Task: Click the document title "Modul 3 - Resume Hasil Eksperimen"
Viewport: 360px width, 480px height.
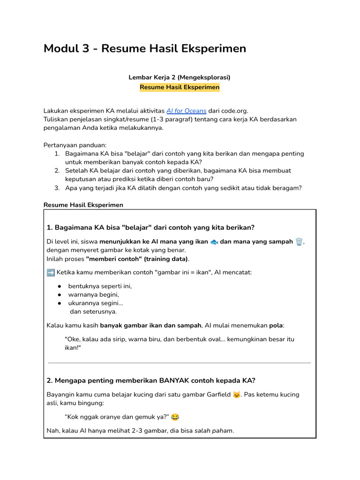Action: [144, 49]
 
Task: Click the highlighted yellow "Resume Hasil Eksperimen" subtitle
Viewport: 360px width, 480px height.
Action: [180, 87]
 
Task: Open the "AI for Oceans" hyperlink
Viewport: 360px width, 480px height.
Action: [186, 111]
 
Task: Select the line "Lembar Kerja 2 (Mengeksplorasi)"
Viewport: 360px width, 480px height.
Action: [180, 77]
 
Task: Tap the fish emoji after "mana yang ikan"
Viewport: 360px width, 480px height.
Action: [214, 242]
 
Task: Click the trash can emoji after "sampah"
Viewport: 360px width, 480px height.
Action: [299, 242]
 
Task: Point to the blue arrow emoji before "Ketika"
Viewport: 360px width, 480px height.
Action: [51, 272]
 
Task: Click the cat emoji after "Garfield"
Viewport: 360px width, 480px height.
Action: [237, 395]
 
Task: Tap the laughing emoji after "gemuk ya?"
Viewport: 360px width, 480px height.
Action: [175, 417]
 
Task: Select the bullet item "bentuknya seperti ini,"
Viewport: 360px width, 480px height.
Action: [100, 286]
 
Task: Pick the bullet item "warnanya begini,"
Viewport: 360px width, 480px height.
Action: [93, 294]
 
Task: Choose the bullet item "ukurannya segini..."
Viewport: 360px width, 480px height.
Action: [96, 303]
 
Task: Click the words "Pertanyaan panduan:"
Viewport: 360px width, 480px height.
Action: [75, 145]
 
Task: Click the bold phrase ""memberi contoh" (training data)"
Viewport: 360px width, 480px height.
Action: [137, 259]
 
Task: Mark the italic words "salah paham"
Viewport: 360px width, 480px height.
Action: [213, 431]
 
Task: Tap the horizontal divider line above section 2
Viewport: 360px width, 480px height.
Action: [180, 363]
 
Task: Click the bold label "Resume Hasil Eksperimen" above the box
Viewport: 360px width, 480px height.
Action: [83, 205]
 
